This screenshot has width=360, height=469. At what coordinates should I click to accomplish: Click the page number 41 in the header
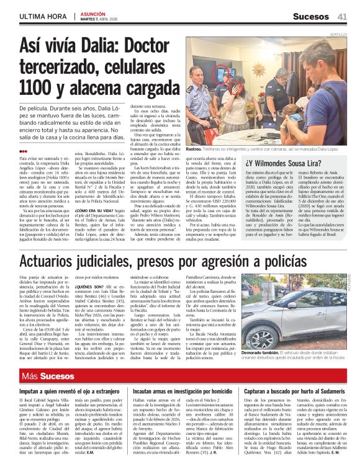[x=342, y=16]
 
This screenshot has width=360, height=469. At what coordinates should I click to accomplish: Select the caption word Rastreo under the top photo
[x=194, y=150]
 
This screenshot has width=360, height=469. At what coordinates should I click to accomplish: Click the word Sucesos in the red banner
[x=58, y=376]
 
